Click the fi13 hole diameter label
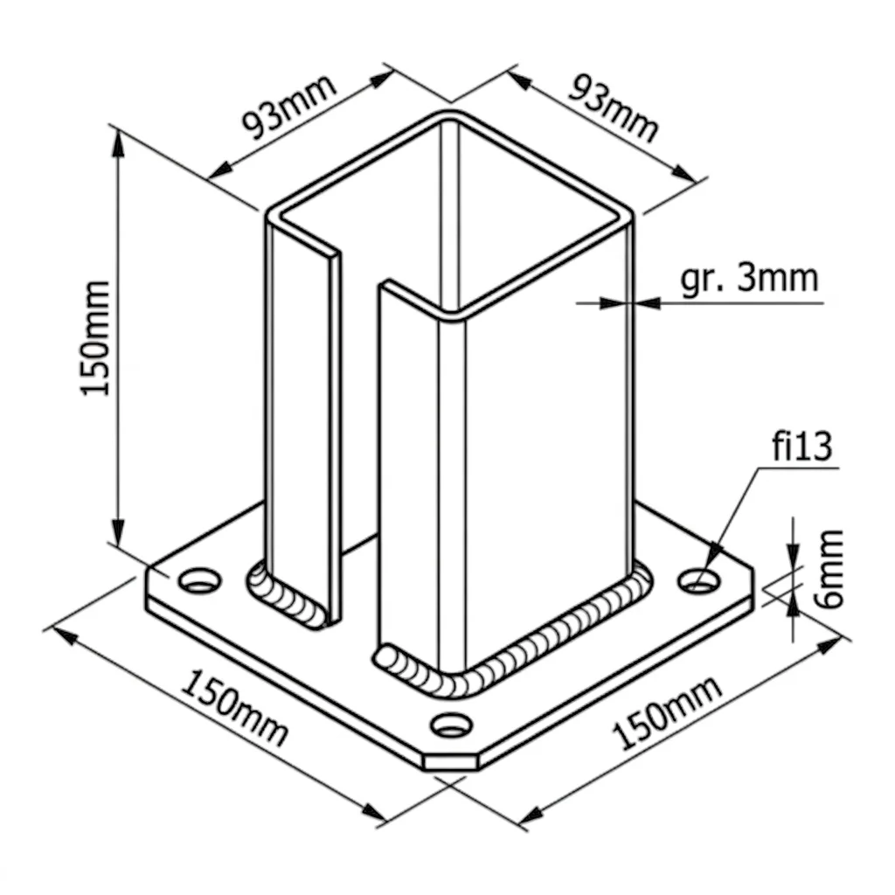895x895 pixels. tap(802, 446)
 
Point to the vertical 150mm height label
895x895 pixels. tap(94, 338)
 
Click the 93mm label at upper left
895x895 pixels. tap(289, 107)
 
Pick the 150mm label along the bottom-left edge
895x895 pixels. tap(234, 709)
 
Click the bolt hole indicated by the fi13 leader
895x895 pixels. tap(698, 580)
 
